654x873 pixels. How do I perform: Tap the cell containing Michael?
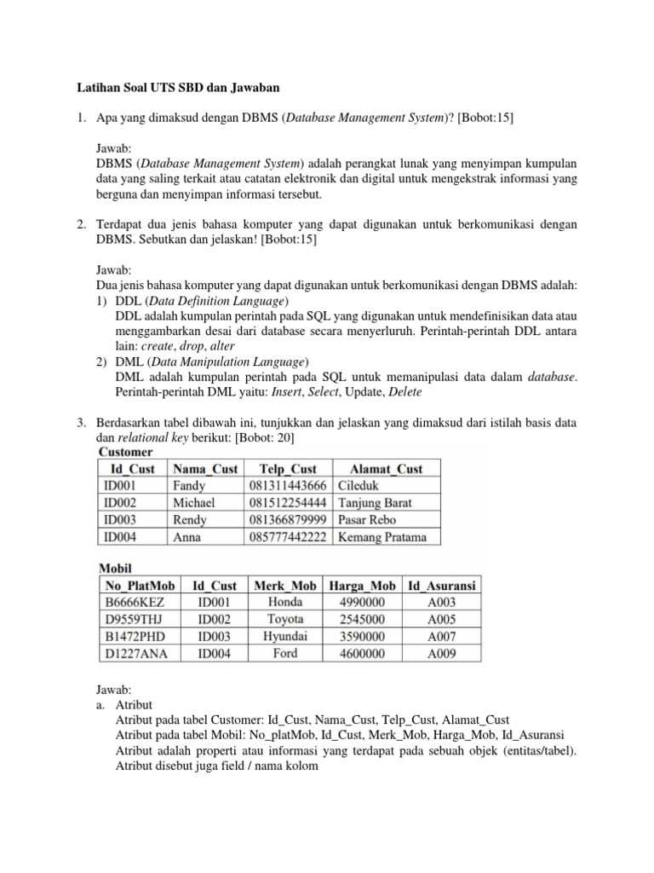tap(194, 502)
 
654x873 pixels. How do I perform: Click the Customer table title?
tap(126, 452)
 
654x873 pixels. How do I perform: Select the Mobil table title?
tap(118, 568)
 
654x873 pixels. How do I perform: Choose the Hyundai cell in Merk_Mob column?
tap(285, 636)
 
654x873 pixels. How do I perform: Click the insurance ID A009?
tap(442, 654)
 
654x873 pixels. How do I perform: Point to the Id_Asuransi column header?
tap(442, 586)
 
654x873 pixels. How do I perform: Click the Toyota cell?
tap(285, 619)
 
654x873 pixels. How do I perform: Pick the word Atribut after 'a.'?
tap(135, 704)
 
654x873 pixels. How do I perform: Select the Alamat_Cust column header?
tap(386, 468)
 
